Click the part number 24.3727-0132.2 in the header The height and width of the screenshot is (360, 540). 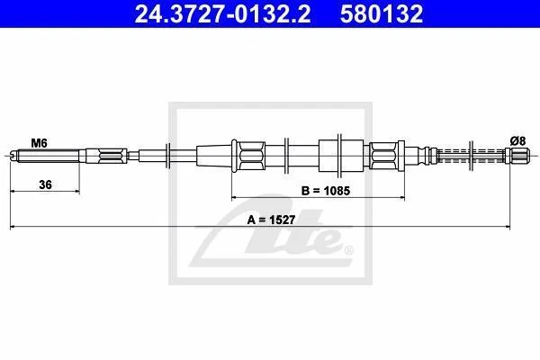pyautogui.click(x=222, y=13)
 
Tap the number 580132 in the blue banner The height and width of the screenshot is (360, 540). pyautogui.click(x=382, y=13)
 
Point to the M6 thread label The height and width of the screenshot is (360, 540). pyautogui.click(x=40, y=142)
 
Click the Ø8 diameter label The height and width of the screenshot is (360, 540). pyautogui.click(x=517, y=141)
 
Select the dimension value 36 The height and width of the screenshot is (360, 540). pyautogui.click(x=45, y=184)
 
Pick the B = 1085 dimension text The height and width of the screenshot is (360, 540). pyautogui.click(x=326, y=191)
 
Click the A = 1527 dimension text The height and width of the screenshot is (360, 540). pyautogui.click(x=271, y=220)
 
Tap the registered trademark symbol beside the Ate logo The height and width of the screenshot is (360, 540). pyautogui.click(x=349, y=250)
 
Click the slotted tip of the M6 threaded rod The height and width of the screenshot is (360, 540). pyautogui.click(x=13, y=156)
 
